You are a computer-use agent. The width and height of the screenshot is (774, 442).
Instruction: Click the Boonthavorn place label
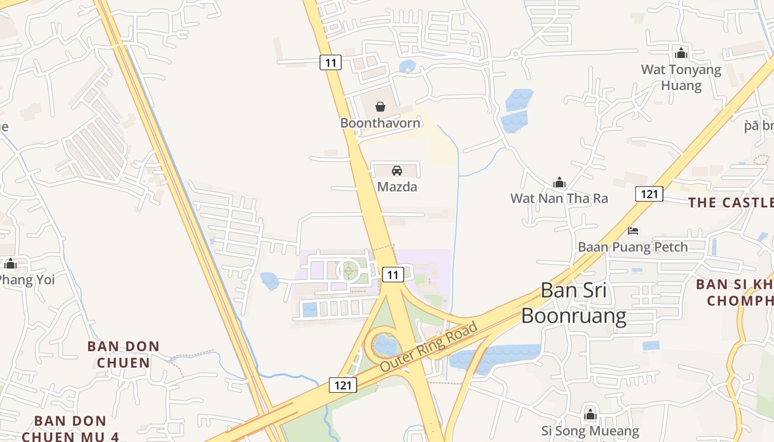380,123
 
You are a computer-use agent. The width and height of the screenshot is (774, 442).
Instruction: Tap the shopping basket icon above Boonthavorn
380,106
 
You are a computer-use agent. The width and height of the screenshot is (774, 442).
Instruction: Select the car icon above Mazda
397,170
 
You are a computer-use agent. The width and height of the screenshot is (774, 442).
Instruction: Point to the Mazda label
397,187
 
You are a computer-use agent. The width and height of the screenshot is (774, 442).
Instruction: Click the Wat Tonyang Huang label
681,77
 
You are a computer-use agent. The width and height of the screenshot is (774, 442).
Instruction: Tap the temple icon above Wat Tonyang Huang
681,53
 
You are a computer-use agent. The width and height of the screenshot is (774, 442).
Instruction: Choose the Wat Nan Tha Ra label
559,198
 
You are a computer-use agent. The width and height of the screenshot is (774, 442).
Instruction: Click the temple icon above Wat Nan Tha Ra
559,182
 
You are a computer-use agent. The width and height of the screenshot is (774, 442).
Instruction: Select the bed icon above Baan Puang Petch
633,230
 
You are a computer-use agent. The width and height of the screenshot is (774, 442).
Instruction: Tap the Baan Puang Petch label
633,247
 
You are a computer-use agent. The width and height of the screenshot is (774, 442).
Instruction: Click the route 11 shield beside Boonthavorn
331,62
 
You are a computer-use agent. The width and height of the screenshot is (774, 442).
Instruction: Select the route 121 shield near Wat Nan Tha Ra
649,194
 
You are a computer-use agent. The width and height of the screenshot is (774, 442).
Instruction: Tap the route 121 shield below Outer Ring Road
343,385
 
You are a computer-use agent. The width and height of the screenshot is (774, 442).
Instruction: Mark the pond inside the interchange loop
385,346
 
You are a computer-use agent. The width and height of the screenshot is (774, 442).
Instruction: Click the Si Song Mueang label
590,431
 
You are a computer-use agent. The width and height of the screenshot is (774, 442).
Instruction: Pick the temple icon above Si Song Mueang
590,414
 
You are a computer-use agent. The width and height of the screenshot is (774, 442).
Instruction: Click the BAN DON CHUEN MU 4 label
70,429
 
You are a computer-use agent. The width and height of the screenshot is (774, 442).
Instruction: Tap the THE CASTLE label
730,203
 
